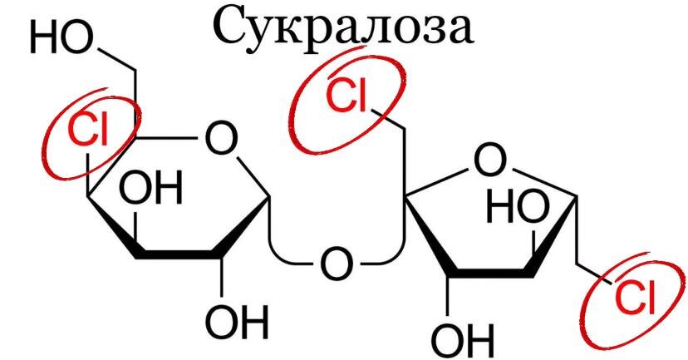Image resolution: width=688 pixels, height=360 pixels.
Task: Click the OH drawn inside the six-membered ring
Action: click(x=150, y=190)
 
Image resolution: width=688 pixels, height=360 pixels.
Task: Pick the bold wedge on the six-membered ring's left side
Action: click(x=112, y=224)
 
